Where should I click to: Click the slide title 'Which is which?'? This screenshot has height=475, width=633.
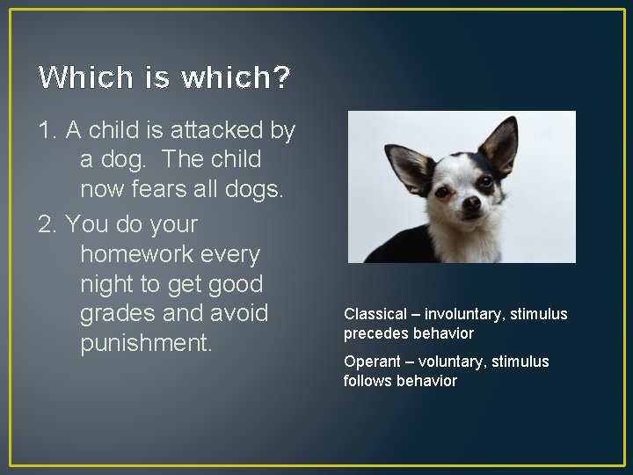click(164, 78)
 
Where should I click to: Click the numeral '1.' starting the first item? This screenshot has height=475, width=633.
click(48, 130)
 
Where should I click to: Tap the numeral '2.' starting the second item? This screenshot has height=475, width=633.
click(49, 224)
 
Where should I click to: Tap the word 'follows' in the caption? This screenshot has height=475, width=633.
click(367, 381)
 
